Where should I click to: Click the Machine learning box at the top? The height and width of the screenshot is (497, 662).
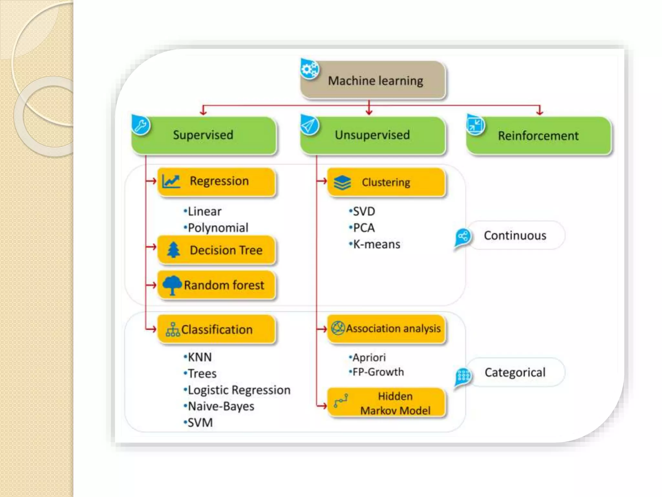[x=373, y=80]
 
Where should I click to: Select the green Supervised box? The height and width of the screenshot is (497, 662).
[x=204, y=135]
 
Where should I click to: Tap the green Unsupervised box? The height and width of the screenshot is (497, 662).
[x=373, y=135]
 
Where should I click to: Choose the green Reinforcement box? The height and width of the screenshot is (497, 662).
[x=539, y=136]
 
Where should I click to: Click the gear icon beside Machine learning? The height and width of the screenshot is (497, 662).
[x=309, y=69]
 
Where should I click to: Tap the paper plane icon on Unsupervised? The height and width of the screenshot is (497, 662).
[x=309, y=125]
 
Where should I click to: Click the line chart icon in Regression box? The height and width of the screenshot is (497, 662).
[x=171, y=181]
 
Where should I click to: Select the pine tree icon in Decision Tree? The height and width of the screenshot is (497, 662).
[x=174, y=250]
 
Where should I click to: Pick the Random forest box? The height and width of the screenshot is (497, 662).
[x=217, y=285]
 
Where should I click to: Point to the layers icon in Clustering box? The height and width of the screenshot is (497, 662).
[x=342, y=182]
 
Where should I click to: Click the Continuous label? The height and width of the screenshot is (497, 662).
[x=515, y=236]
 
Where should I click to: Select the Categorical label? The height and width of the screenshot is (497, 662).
[x=515, y=372]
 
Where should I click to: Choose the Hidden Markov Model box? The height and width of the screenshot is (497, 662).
[x=387, y=403]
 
